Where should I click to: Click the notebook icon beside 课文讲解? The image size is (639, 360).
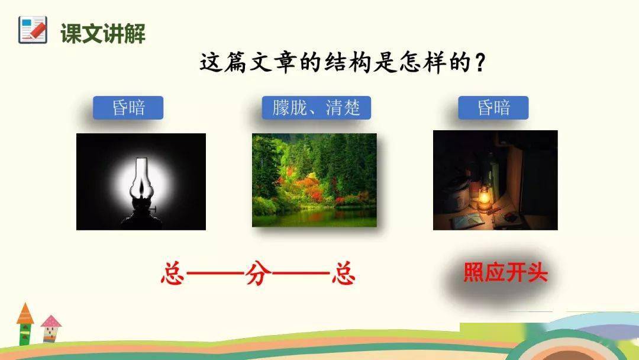[x=33, y=30]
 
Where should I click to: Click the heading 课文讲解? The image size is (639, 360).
[x=103, y=33]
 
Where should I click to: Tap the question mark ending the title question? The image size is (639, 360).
[x=480, y=63]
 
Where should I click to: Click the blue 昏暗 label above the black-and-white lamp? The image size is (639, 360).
[x=128, y=108]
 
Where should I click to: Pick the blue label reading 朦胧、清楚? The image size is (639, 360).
[x=316, y=108]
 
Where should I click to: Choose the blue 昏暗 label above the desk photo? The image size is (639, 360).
[x=493, y=108]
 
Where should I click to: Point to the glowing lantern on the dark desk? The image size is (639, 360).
[x=484, y=198]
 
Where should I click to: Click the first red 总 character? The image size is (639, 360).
[x=172, y=273]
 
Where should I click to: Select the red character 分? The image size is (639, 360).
[x=258, y=273]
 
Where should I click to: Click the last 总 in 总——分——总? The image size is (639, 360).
[x=344, y=273]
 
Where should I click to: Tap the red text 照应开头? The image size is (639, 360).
[x=505, y=272]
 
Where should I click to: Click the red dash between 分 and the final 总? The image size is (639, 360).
[x=301, y=274]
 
